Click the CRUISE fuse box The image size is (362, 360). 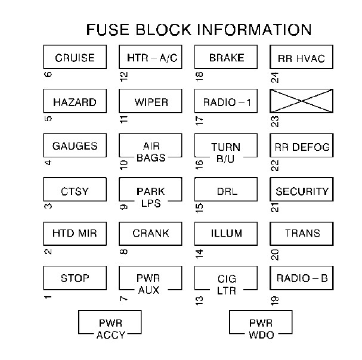75,58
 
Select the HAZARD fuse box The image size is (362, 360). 75,102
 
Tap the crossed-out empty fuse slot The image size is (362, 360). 301,102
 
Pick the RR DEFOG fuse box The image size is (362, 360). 301,147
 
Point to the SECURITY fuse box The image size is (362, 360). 301,191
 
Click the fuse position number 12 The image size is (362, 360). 124,76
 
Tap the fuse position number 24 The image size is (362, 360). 275,76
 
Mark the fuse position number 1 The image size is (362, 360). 48,297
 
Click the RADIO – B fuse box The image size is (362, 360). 301,278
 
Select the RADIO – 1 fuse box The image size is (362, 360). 226,102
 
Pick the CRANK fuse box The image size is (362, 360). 150,233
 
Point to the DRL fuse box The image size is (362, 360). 226,191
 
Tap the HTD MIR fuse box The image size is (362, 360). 75,233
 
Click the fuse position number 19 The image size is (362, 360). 275,299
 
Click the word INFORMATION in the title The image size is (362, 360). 255,30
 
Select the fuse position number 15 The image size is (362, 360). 199,208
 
